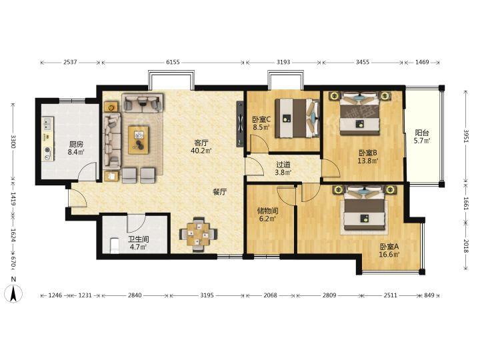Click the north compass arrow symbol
[x=13, y=293]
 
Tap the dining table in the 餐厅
[x=198, y=235]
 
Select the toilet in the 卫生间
[x=115, y=245]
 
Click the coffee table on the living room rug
[x=139, y=140]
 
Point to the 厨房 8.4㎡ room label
[x=76, y=148]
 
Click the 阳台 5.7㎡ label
[x=422, y=137]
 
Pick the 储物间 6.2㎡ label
[x=267, y=215]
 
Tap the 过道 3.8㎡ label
[x=283, y=169]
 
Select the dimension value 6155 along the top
[x=173, y=63]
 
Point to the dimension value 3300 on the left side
[x=13, y=141]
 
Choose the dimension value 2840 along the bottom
[x=135, y=295]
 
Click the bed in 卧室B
[x=360, y=113]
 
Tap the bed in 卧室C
[x=297, y=118]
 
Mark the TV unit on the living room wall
[x=240, y=124]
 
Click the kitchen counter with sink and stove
[x=48, y=139]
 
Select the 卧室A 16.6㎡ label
[x=389, y=251]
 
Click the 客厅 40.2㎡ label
[x=201, y=147]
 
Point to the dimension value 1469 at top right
[x=422, y=63]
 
